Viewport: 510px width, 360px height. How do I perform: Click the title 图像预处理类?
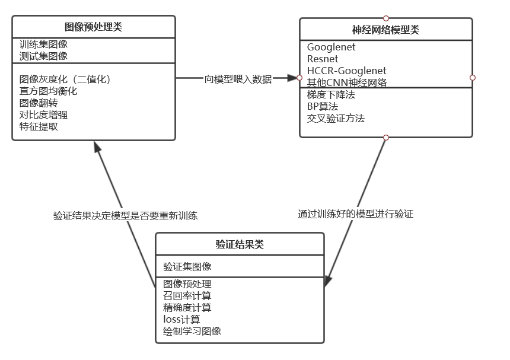pos(94,27)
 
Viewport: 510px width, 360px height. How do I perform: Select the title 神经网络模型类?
pos(385,30)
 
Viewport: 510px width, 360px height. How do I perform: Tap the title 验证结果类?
pos(240,244)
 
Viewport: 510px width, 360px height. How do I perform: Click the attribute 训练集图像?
pos(43,44)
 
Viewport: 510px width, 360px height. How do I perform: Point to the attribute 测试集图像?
pos(43,56)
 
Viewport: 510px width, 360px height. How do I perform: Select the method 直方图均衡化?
pos(48,91)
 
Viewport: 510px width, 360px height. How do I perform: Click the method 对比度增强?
pos(43,114)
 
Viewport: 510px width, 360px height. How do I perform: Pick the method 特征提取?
pos(39,126)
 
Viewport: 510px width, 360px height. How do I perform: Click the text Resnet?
pos(323,59)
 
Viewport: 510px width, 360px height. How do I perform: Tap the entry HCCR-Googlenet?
pos(346,71)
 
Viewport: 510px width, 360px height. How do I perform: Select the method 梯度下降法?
pos(331,95)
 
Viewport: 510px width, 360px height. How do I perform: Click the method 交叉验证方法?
pos(336,119)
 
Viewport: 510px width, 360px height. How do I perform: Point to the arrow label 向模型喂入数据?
pos(238,79)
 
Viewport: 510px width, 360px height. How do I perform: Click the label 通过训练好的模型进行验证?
pos(355,214)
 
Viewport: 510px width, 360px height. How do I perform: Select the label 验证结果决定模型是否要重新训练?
pos(125,215)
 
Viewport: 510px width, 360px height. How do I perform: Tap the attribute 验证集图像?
pos(187,267)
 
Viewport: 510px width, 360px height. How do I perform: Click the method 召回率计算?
pos(187,295)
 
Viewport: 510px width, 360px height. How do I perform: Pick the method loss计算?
pos(181,319)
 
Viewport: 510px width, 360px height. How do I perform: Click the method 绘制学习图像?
pos(192,331)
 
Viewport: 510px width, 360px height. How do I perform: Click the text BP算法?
pos(323,107)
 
